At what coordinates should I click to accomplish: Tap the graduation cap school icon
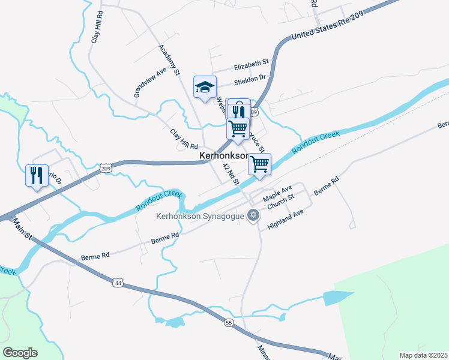(205, 86)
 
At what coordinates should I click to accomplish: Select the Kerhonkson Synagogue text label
(200, 216)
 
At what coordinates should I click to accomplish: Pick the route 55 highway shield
(229, 323)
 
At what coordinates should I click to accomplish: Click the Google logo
(20, 353)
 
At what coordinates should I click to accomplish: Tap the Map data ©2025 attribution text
(424, 355)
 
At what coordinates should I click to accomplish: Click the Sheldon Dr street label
(249, 79)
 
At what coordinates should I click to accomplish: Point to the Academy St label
(169, 59)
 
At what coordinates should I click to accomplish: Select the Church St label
(281, 202)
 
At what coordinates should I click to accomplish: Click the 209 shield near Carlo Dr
(106, 169)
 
